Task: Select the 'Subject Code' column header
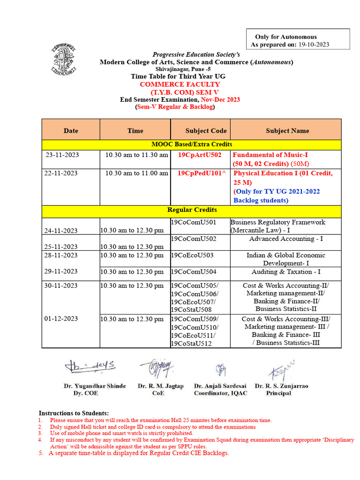(206, 131)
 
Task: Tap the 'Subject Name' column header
(287, 131)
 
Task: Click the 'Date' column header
(71, 131)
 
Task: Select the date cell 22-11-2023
(61, 173)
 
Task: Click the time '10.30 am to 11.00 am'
(136, 173)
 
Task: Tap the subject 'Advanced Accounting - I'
(286, 239)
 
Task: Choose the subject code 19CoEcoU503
(192, 255)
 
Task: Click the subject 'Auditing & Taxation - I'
(286, 272)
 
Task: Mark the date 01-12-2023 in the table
(61, 319)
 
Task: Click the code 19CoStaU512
(191, 344)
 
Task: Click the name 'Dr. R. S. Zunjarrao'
(281, 386)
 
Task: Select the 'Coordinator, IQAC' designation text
(220, 393)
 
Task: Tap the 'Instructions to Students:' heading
(74, 412)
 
